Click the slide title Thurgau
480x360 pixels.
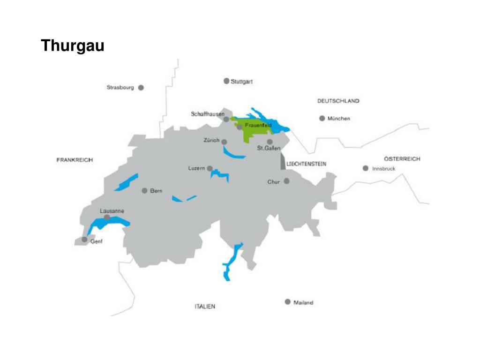[x=72, y=46]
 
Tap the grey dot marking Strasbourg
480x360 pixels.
[x=141, y=87]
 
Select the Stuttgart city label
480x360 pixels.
[x=242, y=82]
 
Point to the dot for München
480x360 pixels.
[x=322, y=119]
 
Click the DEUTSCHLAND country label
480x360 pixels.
[x=338, y=101]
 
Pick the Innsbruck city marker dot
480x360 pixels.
[x=366, y=168]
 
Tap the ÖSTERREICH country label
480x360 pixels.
[x=402, y=159]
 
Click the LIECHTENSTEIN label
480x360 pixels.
[x=306, y=164]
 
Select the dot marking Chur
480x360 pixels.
[x=286, y=181]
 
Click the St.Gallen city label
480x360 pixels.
[x=269, y=149]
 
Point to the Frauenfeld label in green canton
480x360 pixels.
[x=258, y=126]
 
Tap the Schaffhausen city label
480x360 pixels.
[x=208, y=114]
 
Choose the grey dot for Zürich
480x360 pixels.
[x=224, y=142]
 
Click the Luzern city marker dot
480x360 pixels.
[x=210, y=168]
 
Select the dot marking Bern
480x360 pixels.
[x=144, y=191]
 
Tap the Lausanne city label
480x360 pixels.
[x=112, y=211]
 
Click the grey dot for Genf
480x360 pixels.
[x=84, y=240]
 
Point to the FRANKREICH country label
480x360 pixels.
[x=75, y=160]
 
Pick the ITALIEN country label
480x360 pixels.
[x=205, y=307]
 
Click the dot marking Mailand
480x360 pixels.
[x=288, y=302]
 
